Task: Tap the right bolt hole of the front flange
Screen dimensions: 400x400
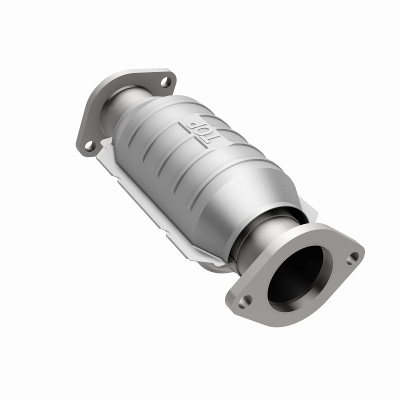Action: click(354, 257)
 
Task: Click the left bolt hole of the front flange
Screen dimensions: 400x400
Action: click(246, 301)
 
